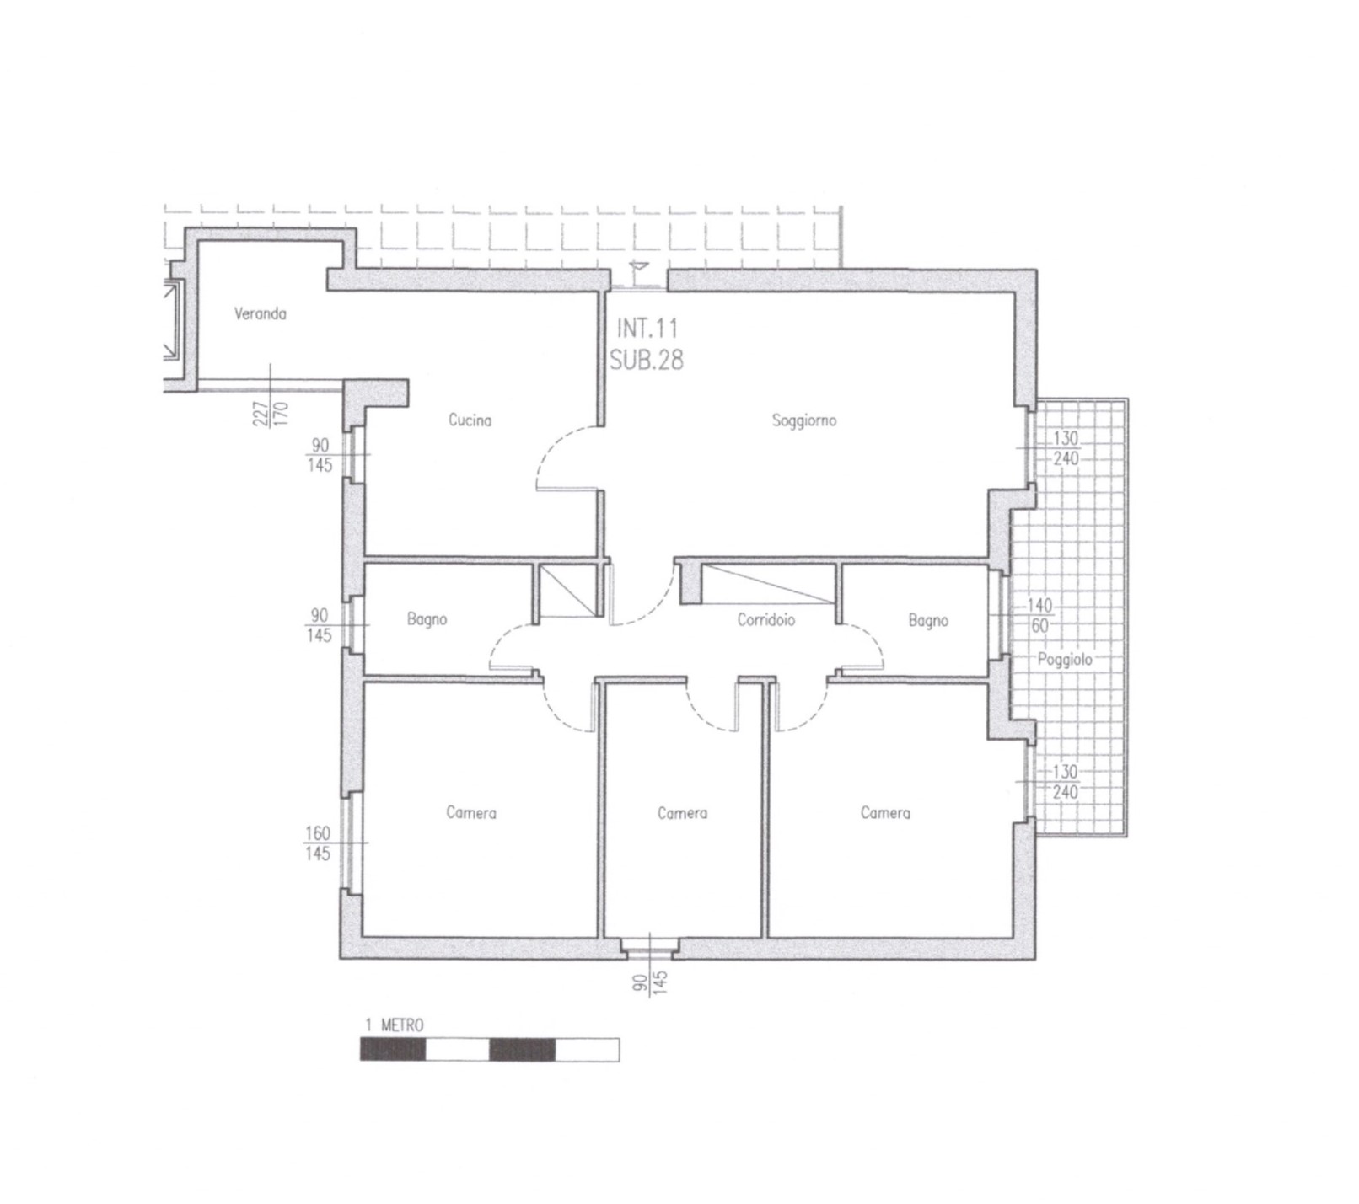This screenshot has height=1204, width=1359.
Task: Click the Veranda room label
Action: pyautogui.click(x=261, y=314)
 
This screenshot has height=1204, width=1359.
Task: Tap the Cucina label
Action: pyautogui.click(x=470, y=420)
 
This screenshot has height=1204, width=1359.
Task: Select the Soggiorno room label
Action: pyautogui.click(x=804, y=420)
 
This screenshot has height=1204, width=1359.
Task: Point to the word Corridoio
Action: pyautogui.click(x=766, y=620)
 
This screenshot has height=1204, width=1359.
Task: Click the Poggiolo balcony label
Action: pyautogui.click(x=1065, y=660)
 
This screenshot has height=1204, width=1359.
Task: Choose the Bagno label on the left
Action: pyautogui.click(x=427, y=620)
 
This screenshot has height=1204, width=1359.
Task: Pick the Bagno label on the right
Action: pyautogui.click(x=928, y=621)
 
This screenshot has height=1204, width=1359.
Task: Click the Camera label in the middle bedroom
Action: pyautogui.click(x=683, y=813)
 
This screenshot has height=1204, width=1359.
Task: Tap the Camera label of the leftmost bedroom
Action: pyautogui.click(x=471, y=813)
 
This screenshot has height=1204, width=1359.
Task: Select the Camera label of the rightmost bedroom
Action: pyautogui.click(x=885, y=813)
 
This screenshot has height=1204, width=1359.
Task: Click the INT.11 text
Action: pyautogui.click(x=647, y=327)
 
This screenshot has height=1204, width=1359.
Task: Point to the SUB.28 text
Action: pyautogui.click(x=647, y=360)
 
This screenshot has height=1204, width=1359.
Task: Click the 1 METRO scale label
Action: pyautogui.click(x=395, y=1025)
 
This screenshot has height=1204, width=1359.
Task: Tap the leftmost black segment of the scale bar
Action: pyautogui.click(x=393, y=1050)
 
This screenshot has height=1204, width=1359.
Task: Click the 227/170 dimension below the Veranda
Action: pyautogui.click(x=271, y=414)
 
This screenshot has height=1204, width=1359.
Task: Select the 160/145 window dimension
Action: pyautogui.click(x=319, y=843)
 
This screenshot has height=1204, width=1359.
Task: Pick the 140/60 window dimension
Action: pyautogui.click(x=1039, y=616)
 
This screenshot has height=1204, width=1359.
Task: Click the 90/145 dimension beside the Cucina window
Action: pyautogui.click(x=320, y=455)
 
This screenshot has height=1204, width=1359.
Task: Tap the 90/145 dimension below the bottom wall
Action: pyautogui.click(x=650, y=985)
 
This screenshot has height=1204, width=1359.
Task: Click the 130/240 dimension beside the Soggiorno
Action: pyautogui.click(x=1066, y=449)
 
